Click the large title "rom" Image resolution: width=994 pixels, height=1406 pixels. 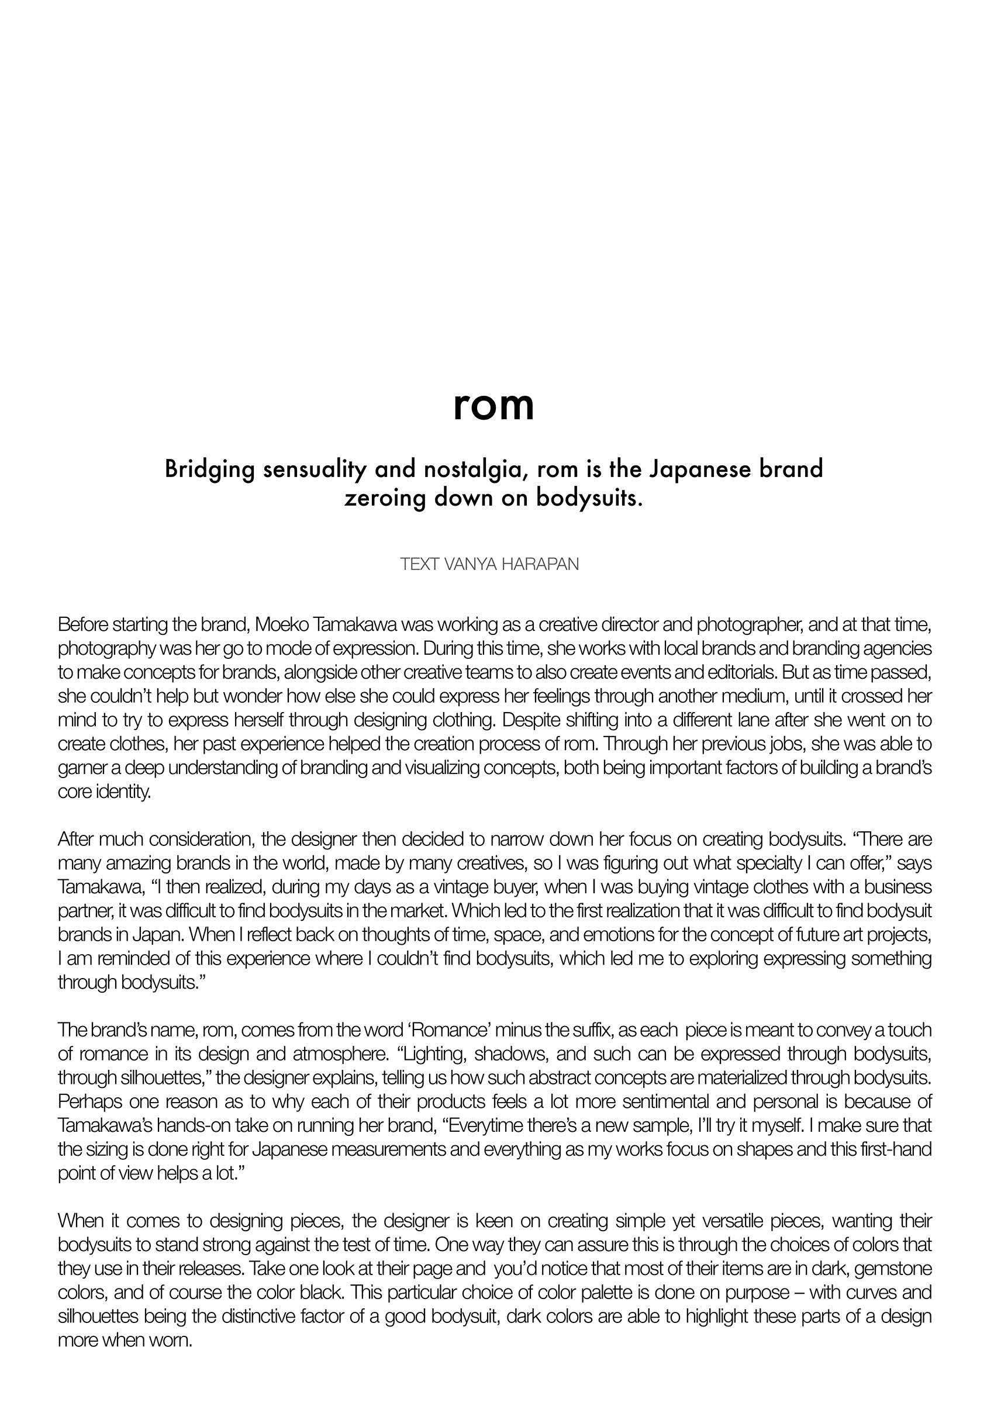coord(493,405)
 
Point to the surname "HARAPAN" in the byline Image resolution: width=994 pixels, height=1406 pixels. coord(540,564)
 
